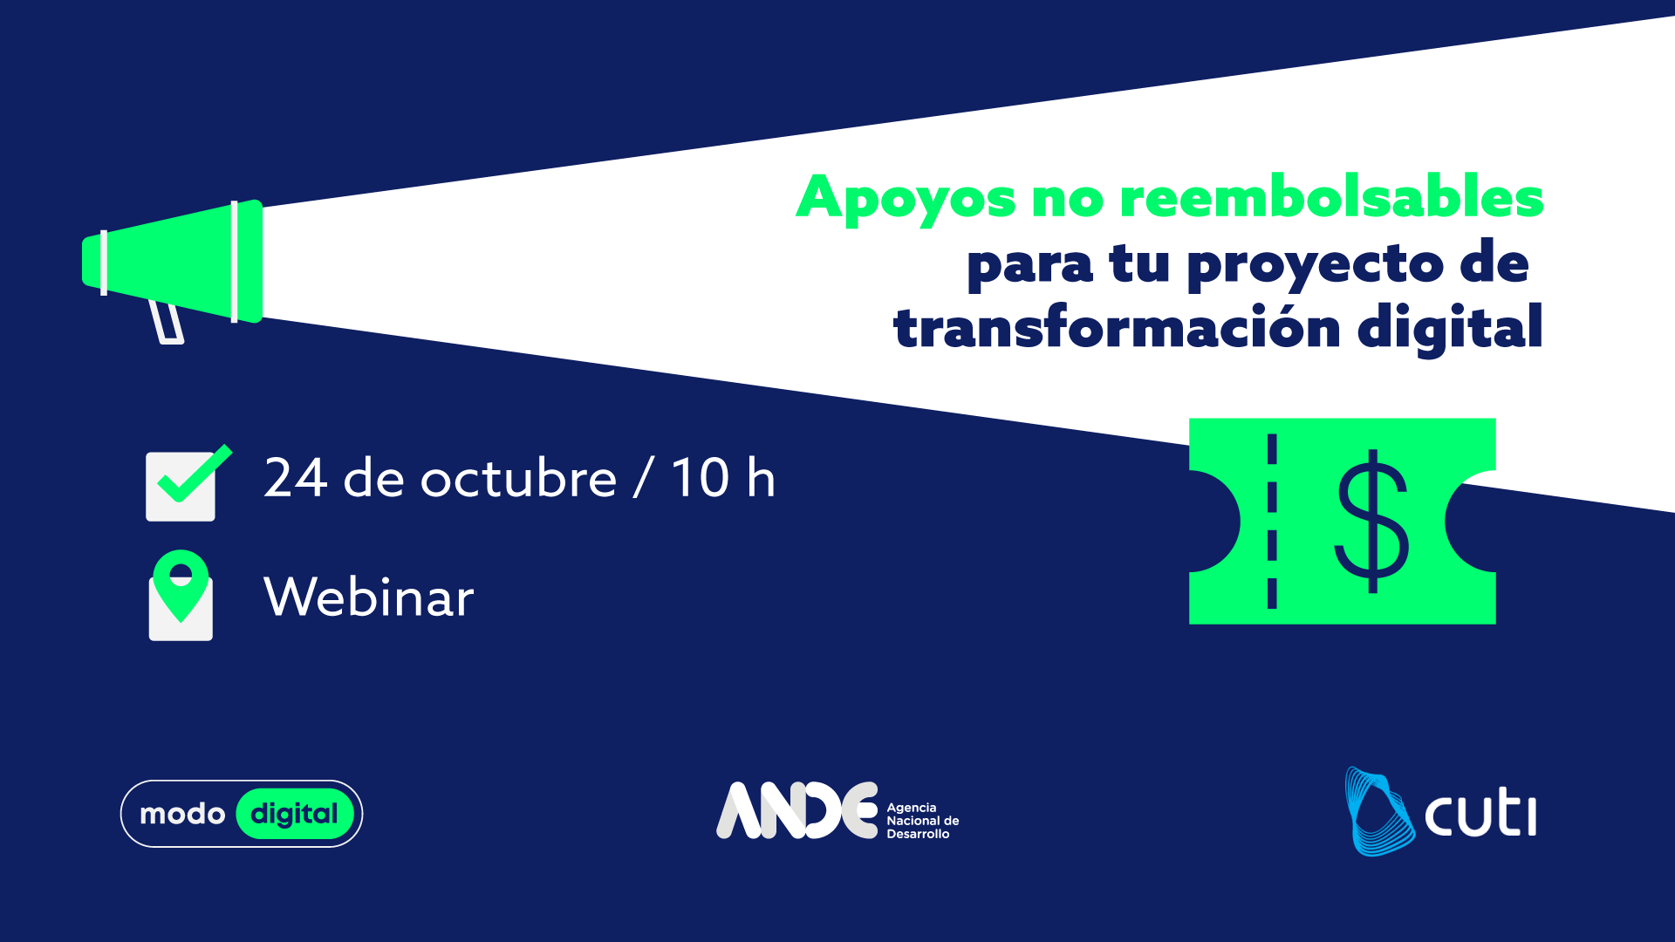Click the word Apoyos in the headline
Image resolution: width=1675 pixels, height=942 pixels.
click(906, 200)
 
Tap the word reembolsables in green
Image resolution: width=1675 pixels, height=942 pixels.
click(1332, 196)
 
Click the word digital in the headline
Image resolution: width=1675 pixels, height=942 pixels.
click(1450, 330)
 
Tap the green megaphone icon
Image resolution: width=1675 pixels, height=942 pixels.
click(173, 262)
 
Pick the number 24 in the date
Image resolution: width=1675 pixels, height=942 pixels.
click(296, 478)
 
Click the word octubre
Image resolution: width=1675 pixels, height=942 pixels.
click(519, 478)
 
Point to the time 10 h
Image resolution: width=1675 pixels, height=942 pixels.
click(722, 478)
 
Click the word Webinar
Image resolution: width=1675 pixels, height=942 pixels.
click(369, 597)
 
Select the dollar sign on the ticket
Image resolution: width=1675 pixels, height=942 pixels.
click(1372, 521)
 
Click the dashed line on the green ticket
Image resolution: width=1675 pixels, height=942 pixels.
click(1272, 521)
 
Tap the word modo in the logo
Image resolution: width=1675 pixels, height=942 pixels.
click(182, 814)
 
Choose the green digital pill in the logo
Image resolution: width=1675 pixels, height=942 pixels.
click(295, 814)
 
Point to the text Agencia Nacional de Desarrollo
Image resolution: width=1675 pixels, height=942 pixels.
click(923, 821)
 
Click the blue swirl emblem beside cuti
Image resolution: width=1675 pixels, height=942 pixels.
click(1379, 811)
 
